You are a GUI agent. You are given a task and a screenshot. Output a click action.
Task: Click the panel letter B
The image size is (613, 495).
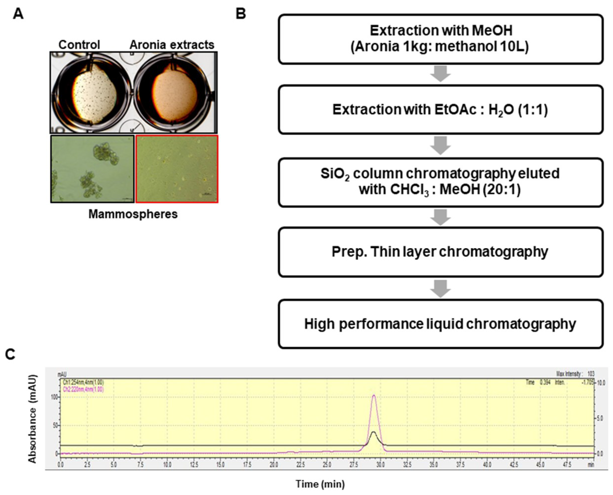(x=241, y=13)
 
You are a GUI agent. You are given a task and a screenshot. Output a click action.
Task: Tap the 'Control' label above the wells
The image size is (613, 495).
(x=79, y=45)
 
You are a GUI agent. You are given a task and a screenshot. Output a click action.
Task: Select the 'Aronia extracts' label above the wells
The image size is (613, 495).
(x=172, y=45)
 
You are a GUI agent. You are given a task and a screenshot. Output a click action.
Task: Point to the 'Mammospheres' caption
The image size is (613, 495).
(x=133, y=214)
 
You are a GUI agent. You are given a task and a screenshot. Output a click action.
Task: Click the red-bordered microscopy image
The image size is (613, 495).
(x=177, y=169)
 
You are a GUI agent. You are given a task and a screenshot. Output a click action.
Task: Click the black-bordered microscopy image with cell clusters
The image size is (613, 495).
(x=92, y=169)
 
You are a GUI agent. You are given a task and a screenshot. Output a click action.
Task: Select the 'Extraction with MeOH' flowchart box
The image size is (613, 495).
(x=440, y=39)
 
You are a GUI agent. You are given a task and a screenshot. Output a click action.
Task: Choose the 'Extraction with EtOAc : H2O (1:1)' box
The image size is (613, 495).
(x=440, y=110)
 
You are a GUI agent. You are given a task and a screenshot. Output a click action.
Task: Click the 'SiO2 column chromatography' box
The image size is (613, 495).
(x=440, y=182)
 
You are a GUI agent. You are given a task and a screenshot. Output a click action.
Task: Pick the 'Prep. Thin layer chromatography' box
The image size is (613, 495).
(x=440, y=252)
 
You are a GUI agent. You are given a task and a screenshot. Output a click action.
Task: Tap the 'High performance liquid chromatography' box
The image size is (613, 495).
(x=440, y=324)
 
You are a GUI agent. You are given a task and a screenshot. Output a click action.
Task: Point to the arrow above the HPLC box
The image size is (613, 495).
(x=440, y=289)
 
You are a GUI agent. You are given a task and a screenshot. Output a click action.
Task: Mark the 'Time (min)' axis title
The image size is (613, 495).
(x=320, y=484)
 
